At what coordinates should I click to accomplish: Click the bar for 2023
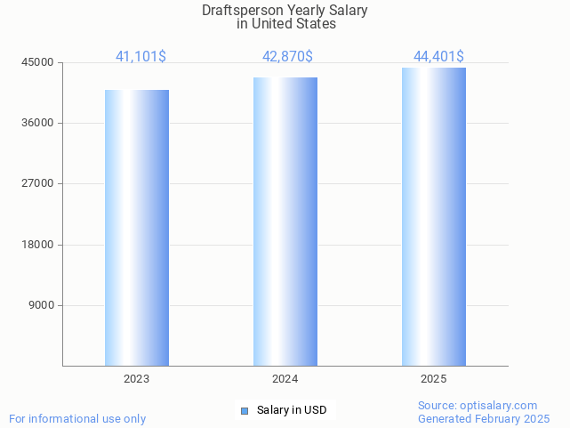tap(137, 228)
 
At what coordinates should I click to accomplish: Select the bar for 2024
tap(285, 222)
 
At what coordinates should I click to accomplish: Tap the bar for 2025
tap(434, 216)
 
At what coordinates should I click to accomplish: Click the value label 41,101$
tap(140, 57)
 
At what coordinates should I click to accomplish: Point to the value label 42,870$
tap(287, 57)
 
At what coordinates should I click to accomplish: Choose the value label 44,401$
tap(438, 57)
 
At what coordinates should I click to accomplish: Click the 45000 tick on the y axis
tap(38, 62)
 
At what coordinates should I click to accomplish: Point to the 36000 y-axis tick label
tap(38, 123)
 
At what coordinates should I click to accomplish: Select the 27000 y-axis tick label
tap(38, 183)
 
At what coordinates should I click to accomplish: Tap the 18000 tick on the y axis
tap(38, 245)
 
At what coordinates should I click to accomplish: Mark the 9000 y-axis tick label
tap(42, 305)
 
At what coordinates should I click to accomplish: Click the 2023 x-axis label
tap(136, 379)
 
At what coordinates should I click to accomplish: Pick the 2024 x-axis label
tap(285, 379)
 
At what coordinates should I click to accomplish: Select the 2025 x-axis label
tap(433, 379)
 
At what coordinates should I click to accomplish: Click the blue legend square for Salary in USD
tap(245, 410)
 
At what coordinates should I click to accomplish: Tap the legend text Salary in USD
tap(291, 410)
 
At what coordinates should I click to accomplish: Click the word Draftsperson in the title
tap(237, 11)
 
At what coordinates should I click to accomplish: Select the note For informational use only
tap(77, 418)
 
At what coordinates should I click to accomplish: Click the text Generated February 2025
tap(484, 418)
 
